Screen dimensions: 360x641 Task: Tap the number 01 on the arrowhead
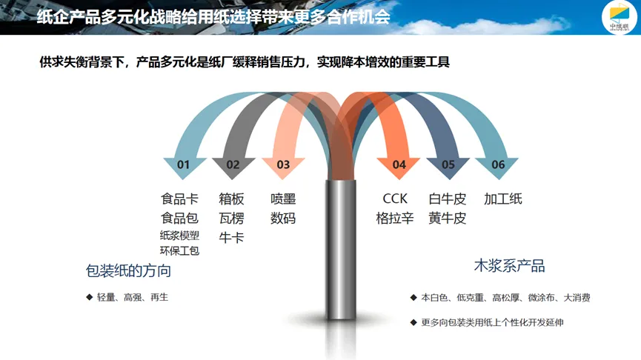tap(183, 164)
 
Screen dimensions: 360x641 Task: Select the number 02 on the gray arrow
tap(233, 164)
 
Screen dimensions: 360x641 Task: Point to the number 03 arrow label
tap(283, 164)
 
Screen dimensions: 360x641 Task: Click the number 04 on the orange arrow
tap(399, 164)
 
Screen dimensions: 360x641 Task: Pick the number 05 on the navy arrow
tap(448, 164)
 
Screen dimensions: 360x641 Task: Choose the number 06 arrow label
tap(498, 164)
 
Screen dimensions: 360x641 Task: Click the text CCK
tap(395, 199)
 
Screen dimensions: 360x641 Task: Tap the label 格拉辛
tap(395, 219)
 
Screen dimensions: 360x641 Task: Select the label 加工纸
tap(503, 199)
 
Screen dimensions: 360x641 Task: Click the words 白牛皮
tap(448, 199)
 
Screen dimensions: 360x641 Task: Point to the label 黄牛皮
tap(448, 219)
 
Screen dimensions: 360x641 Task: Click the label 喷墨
tap(283, 199)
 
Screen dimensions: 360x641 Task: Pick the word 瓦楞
tap(231, 219)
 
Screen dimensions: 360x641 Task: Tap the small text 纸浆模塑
tap(179, 236)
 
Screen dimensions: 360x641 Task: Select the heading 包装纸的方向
tap(128, 271)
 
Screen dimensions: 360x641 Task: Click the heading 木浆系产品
tap(509, 266)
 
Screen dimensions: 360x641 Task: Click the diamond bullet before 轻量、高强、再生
tap(89, 297)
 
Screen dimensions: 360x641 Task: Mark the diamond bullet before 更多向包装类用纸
tap(414, 322)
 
